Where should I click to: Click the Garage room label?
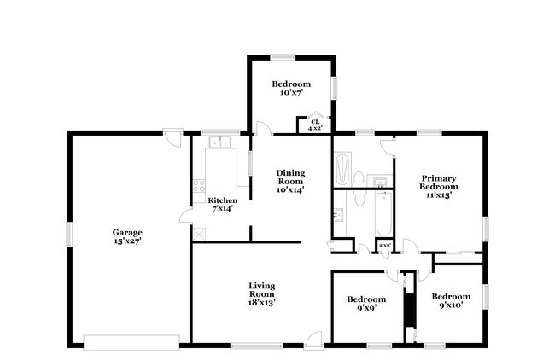[x=127, y=232]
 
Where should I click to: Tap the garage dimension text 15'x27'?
[x=127, y=241]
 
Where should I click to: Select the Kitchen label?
[x=222, y=200]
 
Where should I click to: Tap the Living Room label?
[x=261, y=290]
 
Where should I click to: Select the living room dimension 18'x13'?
[x=261, y=302]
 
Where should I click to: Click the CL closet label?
[x=315, y=123]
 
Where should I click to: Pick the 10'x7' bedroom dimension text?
[x=291, y=93]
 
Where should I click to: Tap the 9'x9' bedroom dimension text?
[x=366, y=309]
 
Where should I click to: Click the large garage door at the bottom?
[x=133, y=342]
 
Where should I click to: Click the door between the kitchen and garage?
[x=186, y=217]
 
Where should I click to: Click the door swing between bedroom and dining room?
[x=262, y=128]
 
